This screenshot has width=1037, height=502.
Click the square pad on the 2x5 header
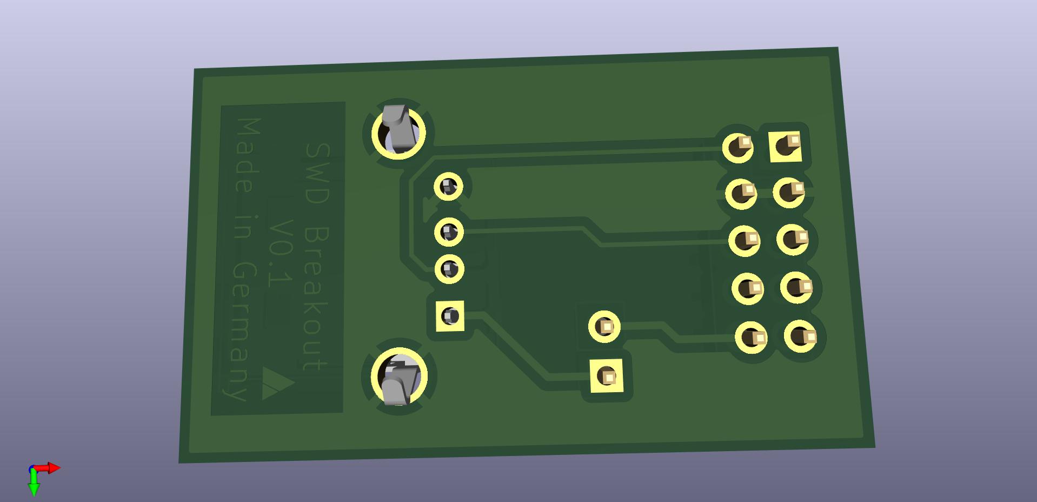click(785, 146)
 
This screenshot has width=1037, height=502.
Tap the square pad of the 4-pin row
click(450, 316)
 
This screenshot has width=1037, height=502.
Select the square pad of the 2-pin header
click(607, 375)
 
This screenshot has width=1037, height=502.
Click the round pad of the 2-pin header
click(604, 326)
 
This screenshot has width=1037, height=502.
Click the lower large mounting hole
click(400, 377)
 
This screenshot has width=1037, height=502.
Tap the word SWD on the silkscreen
click(317, 173)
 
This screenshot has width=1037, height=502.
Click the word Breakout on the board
click(316, 298)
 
